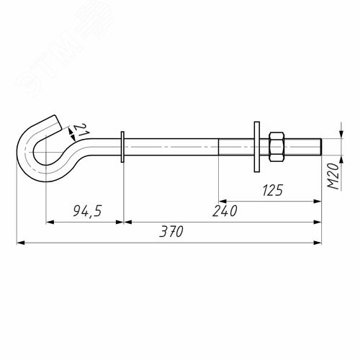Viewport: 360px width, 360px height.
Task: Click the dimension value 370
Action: (x=171, y=231)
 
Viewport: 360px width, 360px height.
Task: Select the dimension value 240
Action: (x=225, y=211)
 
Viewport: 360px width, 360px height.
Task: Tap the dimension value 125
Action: (x=272, y=191)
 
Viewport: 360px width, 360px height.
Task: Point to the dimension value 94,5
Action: (x=88, y=211)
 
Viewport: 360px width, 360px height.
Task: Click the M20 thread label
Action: (x=333, y=176)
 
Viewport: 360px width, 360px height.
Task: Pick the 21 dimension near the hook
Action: (x=81, y=130)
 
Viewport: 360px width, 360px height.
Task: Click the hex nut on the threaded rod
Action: (x=276, y=147)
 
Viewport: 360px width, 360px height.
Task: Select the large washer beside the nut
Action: (x=257, y=147)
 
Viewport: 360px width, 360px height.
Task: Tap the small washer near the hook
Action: (x=122, y=147)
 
